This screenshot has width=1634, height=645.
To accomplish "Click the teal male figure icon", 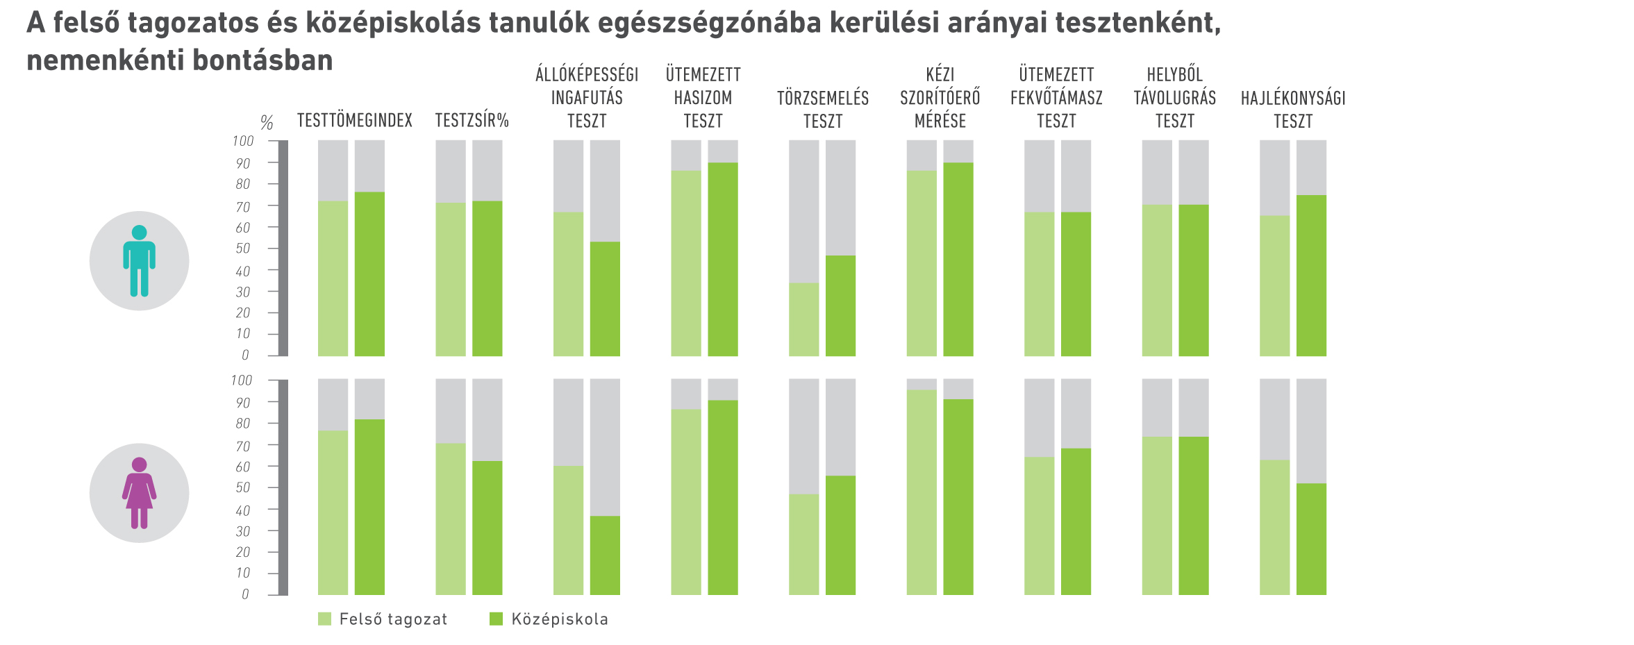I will pos(139,261).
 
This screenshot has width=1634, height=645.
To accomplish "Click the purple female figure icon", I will pos(139,493).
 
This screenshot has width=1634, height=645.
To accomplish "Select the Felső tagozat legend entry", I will pos(383,619).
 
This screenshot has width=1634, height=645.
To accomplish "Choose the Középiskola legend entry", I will pos(549,619).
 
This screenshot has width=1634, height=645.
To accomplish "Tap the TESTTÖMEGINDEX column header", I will pos(354,121).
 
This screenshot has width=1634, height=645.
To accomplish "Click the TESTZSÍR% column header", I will pos(472,121).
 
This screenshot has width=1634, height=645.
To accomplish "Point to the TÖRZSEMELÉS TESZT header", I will pos(823,110).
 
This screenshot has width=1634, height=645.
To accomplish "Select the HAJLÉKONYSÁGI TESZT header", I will pos(1293,110).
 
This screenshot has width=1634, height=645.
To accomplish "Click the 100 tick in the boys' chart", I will pos(243,142).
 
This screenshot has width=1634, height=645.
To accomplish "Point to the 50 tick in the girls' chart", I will pos(243,488).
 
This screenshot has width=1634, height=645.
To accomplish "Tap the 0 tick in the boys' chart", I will pos(245,355).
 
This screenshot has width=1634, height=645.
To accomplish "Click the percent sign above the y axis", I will pos(267,124).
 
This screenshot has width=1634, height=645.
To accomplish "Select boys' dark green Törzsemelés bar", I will pos(840,305).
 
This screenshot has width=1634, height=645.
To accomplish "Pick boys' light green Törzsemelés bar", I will pos(804,319).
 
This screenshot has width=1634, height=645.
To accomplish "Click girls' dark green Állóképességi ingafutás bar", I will pos(605,555).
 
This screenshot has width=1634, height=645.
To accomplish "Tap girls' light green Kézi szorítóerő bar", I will pos(922,492).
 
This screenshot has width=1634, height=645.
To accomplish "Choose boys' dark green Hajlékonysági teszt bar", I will pos(1311,276).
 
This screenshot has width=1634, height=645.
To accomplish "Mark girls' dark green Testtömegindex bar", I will pos(369,507).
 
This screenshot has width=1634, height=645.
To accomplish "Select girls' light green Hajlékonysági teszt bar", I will pos(1275,527).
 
